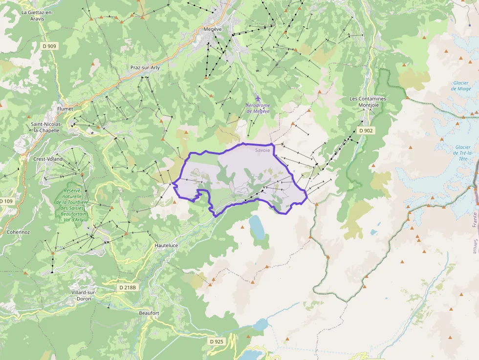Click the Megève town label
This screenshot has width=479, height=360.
pos(213,29)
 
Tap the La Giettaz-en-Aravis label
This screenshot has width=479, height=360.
pos(37,16)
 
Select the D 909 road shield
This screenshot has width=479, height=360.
pos(49,46)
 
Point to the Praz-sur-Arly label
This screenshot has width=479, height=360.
pos(145,67)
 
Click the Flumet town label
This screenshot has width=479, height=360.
pos(65,108)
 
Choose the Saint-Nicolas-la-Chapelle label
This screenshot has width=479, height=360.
pos(45,127)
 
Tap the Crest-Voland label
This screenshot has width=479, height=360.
pos(48,159)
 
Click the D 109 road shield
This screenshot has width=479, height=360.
pos(6,201)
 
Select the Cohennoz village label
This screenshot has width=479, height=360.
pos(18,232)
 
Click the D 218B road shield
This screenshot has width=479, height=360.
pos(127,287)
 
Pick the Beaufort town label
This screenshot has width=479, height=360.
pos(149,313)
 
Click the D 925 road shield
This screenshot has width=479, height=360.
pos(216,341)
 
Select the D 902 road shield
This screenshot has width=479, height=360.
pos(366,130)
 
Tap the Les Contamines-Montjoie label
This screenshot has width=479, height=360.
pos(369,102)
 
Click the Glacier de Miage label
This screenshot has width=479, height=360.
pos(461,85)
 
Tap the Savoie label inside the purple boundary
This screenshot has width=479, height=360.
pos(262,150)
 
